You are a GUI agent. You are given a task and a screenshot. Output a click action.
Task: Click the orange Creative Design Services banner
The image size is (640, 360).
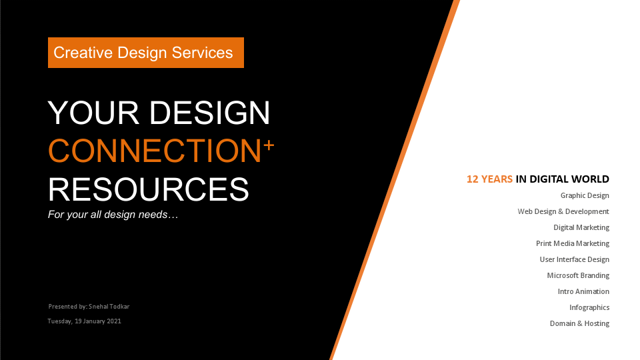[x=145, y=53]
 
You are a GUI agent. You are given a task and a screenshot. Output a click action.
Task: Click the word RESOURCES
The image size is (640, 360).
[x=149, y=189]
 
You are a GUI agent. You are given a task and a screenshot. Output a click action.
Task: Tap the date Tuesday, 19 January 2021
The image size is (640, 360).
[x=84, y=321]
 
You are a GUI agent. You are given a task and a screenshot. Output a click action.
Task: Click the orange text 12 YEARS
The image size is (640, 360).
[x=489, y=179]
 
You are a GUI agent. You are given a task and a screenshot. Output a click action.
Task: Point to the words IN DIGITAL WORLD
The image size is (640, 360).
[x=563, y=179]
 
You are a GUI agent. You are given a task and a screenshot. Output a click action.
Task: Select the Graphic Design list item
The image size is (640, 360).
[x=585, y=195]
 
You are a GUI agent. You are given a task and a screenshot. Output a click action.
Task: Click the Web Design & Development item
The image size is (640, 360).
[x=563, y=211]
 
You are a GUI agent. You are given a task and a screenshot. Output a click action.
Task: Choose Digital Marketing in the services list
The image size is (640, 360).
[x=581, y=227]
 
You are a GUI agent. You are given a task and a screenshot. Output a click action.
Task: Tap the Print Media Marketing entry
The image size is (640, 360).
[x=573, y=243]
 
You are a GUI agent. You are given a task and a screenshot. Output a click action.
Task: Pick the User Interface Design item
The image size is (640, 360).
[x=574, y=259]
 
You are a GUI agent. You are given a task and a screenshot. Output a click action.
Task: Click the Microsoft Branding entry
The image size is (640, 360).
[x=578, y=275]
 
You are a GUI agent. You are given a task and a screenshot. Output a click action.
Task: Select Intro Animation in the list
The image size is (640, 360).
[x=583, y=291]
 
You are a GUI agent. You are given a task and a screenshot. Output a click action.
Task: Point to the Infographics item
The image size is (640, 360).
[x=589, y=307]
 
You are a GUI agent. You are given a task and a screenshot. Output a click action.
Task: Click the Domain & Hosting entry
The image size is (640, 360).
[x=579, y=323]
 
